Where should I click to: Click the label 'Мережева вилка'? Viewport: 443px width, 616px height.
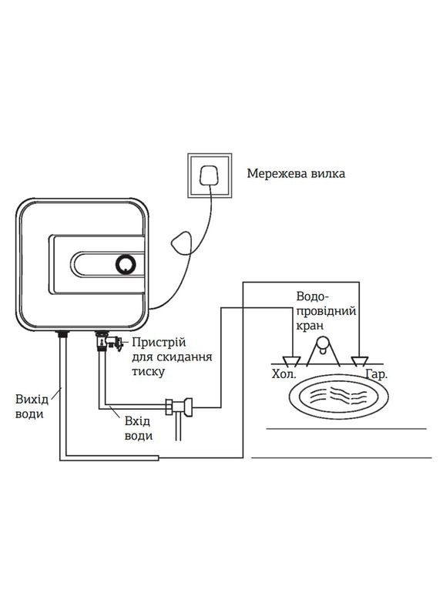(296, 173)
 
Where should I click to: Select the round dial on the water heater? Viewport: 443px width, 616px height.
(125, 265)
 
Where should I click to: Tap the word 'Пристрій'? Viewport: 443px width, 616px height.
(159, 342)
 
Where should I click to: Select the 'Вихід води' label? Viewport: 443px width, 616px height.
(30, 407)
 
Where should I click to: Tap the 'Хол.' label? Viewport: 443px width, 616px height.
(284, 376)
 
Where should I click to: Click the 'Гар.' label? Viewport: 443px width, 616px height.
(377, 376)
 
